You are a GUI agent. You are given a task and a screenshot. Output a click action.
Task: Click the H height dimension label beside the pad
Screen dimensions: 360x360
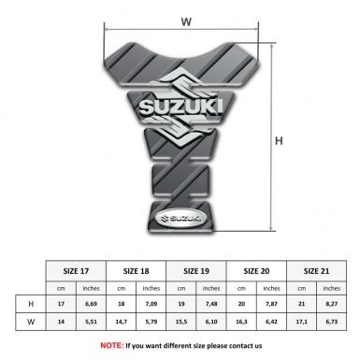tap(279, 140)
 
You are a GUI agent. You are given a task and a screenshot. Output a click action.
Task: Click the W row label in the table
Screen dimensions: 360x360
tap(31, 324)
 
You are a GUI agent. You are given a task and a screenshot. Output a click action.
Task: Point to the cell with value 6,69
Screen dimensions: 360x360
tap(91, 304)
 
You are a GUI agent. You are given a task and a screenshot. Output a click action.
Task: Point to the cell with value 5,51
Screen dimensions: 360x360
tap(91, 324)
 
